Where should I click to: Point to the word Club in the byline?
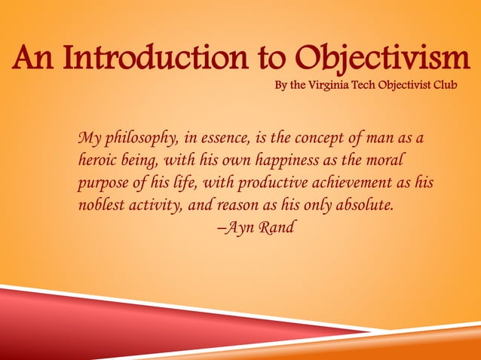point(461,82)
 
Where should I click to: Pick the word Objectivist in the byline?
point(414,82)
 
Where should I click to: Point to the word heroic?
point(98,160)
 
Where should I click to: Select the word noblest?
point(101,204)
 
